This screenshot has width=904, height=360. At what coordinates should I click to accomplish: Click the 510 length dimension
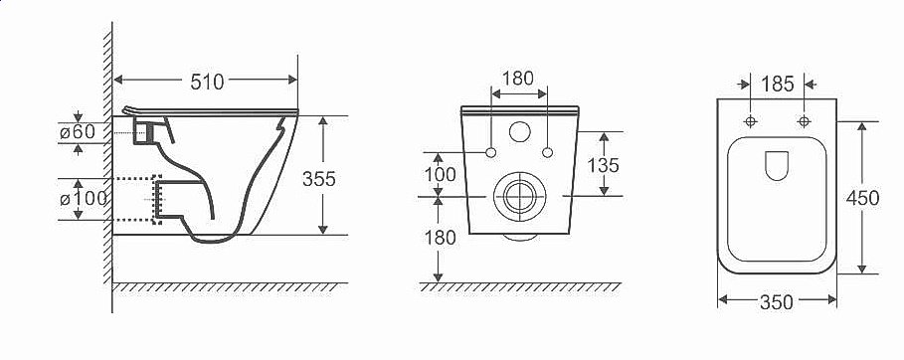pyautogui.click(x=207, y=83)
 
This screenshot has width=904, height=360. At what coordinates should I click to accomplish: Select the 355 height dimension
pyautogui.click(x=319, y=179)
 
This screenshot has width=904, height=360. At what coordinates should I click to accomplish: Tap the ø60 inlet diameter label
pyautogui.click(x=78, y=132)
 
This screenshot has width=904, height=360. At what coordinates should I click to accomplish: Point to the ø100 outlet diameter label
pyautogui.click(x=84, y=199)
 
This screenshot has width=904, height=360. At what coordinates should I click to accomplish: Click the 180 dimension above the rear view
pyautogui.click(x=518, y=79)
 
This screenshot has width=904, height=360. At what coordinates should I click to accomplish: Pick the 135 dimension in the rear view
pyautogui.click(x=603, y=165)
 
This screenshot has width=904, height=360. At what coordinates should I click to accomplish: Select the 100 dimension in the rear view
pyautogui.click(x=440, y=174)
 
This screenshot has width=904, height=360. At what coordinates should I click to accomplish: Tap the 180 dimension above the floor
pyautogui.click(x=440, y=238)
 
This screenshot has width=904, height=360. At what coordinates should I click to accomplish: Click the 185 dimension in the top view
pyautogui.click(x=777, y=85)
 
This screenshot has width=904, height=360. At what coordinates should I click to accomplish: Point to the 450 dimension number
pyautogui.click(x=862, y=199)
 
